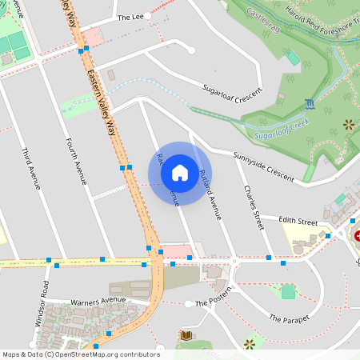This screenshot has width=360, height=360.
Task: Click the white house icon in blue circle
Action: click(x=180, y=173)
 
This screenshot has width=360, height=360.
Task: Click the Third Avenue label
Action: click(x=31, y=169)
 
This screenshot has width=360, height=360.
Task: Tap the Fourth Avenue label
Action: click(x=76, y=161)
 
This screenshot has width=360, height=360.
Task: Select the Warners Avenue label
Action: click(x=98, y=302)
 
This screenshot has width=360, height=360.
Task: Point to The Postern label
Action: click(x=212, y=304)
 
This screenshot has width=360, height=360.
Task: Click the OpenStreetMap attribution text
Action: click(x=80, y=354)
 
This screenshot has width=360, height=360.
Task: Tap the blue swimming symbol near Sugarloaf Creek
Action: click(x=310, y=104)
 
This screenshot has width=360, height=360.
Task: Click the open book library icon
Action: click(x=186, y=334)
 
